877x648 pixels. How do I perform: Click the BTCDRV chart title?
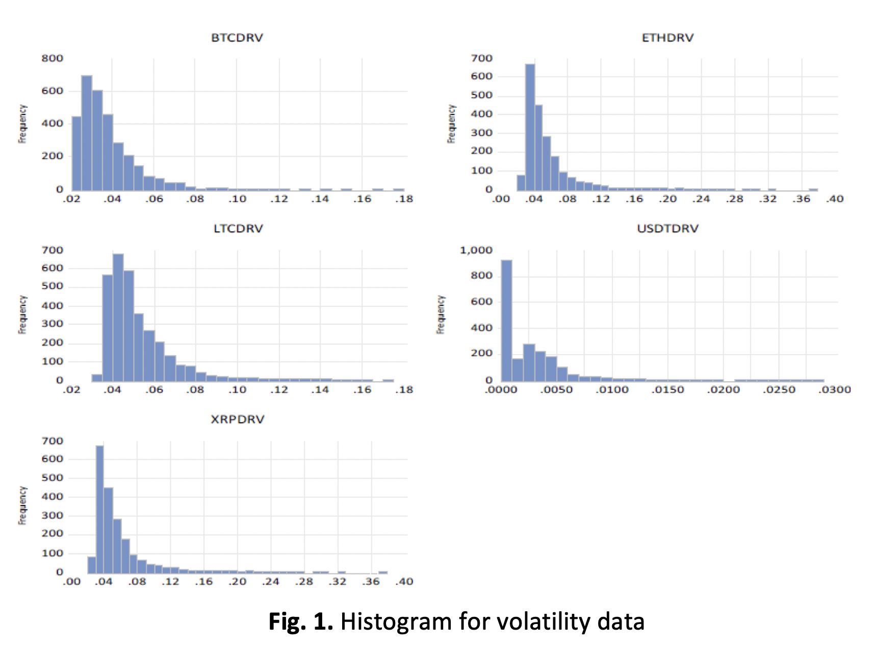tap(237, 38)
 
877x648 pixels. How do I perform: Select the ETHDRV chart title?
tap(667, 38)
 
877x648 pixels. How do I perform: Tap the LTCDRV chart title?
tap(238, 229)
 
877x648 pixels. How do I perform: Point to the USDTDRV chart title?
tap(667, 229)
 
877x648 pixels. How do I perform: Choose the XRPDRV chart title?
tap(238, 419)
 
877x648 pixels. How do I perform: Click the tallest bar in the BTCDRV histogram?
tap(87, 133)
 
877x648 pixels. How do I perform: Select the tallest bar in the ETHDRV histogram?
tap(530, 128)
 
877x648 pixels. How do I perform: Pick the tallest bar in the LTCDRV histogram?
tap(118, 316)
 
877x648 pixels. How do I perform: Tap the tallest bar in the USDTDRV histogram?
tap(506, 321)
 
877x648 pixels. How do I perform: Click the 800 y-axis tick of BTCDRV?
tap(53, 58)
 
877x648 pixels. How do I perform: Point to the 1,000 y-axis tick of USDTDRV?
tap(476, 250)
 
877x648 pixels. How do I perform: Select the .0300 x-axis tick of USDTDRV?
tap(835, 390)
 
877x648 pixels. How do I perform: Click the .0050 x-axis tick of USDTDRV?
tap(556, 390)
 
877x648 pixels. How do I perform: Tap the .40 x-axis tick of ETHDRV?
tap(835, 199)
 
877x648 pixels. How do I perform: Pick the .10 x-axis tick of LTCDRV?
tap(237, 390)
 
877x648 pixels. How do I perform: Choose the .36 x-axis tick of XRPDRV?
tap(371, 582)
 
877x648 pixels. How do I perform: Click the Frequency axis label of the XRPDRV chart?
tap(22, 505)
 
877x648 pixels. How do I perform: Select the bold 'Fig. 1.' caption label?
tap(301, 622)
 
